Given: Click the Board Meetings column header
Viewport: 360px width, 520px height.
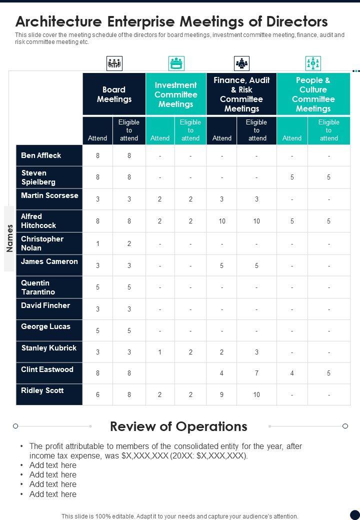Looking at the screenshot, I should [x=114, y=94].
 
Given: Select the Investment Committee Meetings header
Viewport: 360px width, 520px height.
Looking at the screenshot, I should [x=175, y=94].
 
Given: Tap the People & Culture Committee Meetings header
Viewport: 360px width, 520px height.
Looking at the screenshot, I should [x=313, y=94].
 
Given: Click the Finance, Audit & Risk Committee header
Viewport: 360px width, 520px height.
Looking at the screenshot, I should [x=241, y=94].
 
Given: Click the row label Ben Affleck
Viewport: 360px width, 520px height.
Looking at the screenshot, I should [x=41, y=155].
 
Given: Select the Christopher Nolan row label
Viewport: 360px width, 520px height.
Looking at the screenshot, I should [x=42, y=243].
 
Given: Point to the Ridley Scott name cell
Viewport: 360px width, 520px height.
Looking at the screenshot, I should [x=42, y=390].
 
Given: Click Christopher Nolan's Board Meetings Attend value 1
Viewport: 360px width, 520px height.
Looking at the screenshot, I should [x=98, y=244].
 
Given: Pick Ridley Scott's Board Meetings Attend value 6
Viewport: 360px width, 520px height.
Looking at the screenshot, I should [x=98, y=394].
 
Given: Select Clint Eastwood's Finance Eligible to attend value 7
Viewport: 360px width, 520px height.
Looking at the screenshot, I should [x=256, y=373].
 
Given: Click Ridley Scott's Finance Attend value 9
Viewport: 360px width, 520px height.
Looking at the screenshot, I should [x=222, y=394].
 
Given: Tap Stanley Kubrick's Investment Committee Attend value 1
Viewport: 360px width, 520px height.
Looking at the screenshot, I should [x=160, y=352].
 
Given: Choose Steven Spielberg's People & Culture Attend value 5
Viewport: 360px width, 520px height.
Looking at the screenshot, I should [x=292, y=177].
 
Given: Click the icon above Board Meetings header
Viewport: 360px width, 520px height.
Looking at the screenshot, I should [x=114, y=63].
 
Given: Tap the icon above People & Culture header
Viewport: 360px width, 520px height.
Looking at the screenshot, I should [x=313, y=63].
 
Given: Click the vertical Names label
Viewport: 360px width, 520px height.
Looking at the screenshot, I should [x=9, y=238].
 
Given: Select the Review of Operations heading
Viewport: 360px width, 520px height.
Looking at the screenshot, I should [x=178, y=426].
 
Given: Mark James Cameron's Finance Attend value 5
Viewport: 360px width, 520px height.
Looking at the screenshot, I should [x=222, y=265].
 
